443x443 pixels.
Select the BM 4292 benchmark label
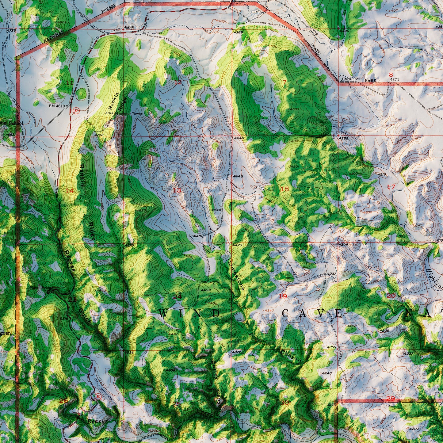(350, 79)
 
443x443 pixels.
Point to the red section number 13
(177, 190)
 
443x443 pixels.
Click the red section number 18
(285, 189)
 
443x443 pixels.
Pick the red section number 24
(177, 296)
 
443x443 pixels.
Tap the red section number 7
(285, 82)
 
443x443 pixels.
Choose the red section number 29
(391, 399)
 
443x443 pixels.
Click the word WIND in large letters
(190, 313)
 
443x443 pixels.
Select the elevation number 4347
(269, 311)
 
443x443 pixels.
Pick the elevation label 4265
(344, 138)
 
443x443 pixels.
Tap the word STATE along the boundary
(315, 49)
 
